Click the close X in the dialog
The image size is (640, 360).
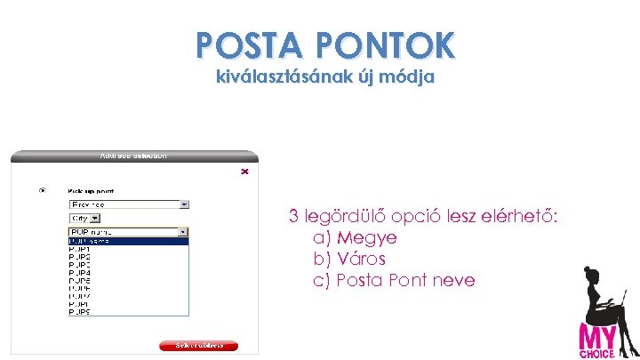coord(244,172)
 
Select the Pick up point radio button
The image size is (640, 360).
coord(42,190)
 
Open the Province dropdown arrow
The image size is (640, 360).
coord(184,204)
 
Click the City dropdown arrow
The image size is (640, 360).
coord(96,218)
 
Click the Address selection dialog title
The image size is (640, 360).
coord(133,156)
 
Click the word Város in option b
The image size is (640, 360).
coord(362,260)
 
